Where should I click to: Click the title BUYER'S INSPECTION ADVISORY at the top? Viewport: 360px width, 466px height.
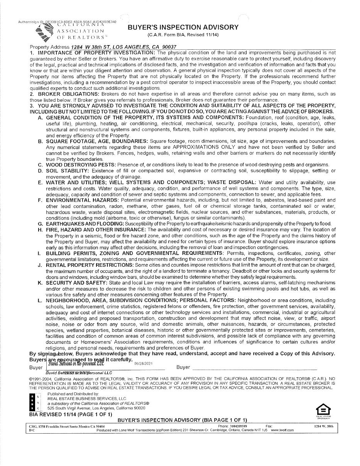[x=183, y=27]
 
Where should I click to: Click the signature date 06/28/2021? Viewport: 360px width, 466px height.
[x=143, y=363]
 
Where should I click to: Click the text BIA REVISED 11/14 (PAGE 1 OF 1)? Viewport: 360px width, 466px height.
[x=71, y=414]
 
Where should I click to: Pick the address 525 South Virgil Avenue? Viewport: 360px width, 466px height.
[x=96, y=408]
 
